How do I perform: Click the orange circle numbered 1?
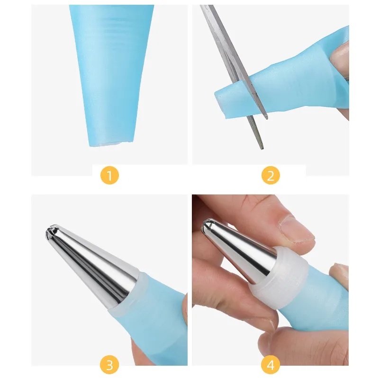point(109,175)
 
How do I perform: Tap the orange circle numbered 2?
point(271,175)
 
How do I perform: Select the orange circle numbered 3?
point(109,365)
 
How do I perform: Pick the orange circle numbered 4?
point(271,365)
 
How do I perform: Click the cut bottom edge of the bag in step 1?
point(111,144)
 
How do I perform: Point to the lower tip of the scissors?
point(262,148)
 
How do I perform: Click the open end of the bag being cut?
point(220,104)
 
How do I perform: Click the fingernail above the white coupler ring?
point(297,229)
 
